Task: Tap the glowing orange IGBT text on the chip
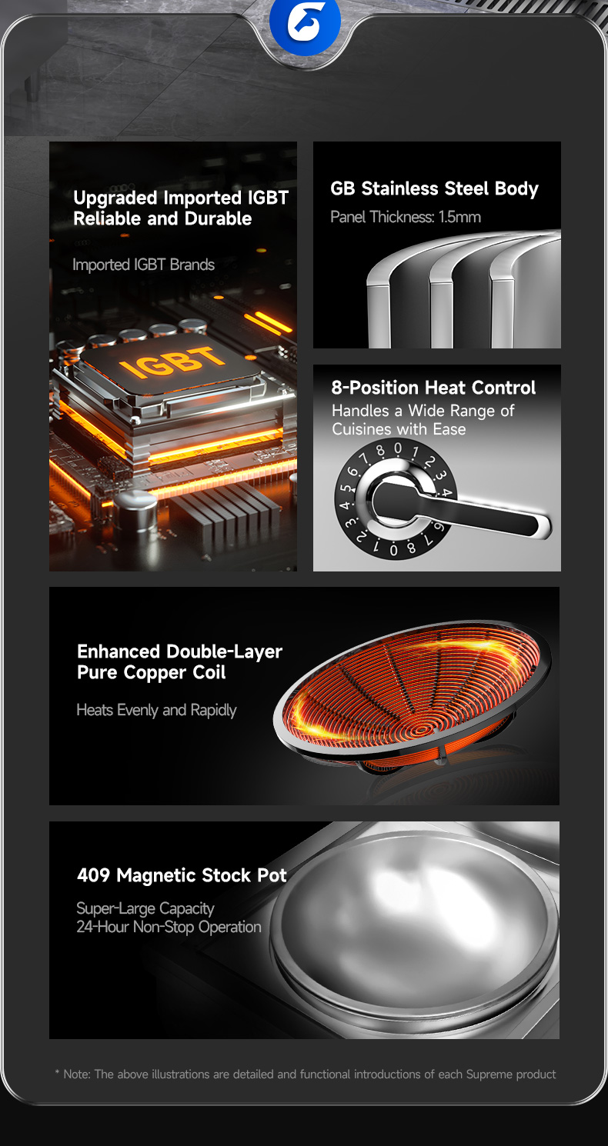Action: pos(172,361)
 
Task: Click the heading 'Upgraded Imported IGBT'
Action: pos(181,198)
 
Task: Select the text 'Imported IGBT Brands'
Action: pos(143,265)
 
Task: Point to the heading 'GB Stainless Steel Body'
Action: pos(435,188)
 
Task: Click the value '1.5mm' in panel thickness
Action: pos(459,217)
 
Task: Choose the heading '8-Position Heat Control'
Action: pos(433,388)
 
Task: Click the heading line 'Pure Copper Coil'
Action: pos(152,672)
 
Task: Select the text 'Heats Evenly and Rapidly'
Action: pos(156,710)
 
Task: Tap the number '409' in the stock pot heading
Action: pos(93,874)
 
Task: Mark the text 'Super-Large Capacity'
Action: pos(145,908)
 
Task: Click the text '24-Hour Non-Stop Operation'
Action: pos(169,927)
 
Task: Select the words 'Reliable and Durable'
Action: pos(162,219)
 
